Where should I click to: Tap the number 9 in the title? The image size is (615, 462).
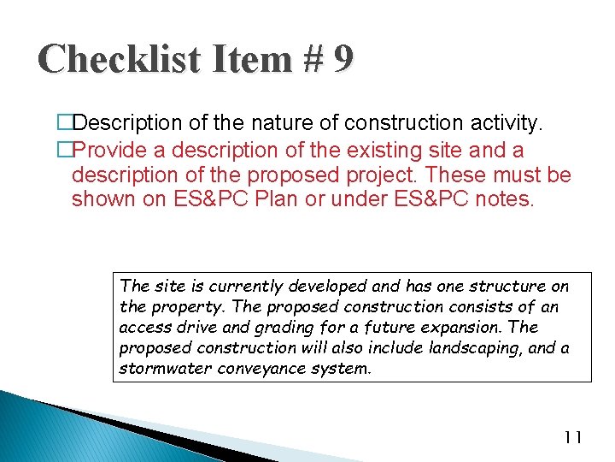point(342,59)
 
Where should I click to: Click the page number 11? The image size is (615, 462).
point(572,438)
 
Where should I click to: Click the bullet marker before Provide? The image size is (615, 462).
point(65,151)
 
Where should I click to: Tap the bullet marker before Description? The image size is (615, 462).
point(65,125)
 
